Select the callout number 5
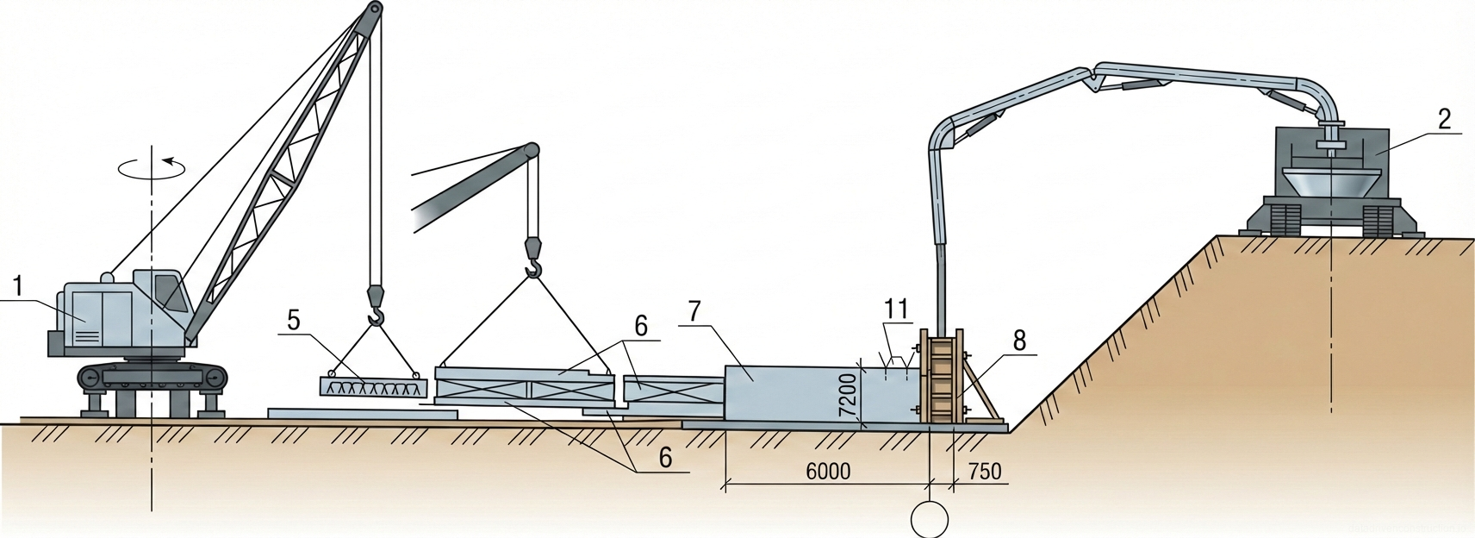coord(294,321)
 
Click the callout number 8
coord(1019,341)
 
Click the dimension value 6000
coord(828,471)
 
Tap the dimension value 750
coord(985,471)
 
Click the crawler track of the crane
coord(152,378)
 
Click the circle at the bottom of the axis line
coord(930,520)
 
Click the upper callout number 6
coord(640,326)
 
